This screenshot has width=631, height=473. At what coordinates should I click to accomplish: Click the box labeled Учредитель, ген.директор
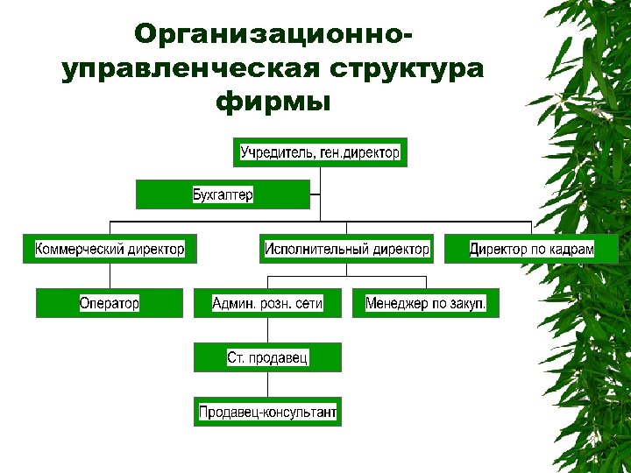point(320,152)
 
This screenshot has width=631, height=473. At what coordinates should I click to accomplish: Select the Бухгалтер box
point(223,194)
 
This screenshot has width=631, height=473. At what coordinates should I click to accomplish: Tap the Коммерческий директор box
point(110,249)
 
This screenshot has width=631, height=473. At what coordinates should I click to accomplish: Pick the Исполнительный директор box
point(347,249)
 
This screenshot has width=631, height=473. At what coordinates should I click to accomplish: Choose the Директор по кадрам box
point(531,249)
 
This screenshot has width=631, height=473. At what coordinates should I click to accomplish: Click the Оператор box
point(110,303)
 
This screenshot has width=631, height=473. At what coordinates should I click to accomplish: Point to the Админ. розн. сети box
point(267,303)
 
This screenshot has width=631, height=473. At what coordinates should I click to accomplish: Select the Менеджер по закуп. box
point(426,303)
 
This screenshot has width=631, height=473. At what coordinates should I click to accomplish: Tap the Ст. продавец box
point(267,357)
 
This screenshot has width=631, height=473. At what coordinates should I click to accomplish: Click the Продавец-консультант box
point(267,412)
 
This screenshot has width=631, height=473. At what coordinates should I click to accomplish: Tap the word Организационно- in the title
point(273,35)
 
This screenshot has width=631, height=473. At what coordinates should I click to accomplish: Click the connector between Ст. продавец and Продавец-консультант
point(267,385)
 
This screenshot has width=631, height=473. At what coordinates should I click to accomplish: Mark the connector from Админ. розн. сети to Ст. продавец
point(267,330)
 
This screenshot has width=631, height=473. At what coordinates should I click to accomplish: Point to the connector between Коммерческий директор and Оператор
point(110,276)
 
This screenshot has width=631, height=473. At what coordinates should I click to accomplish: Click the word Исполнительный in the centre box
point(316,249)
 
